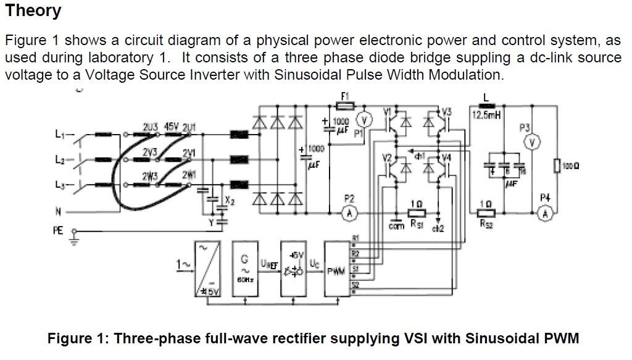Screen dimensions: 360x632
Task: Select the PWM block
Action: click(337, 270)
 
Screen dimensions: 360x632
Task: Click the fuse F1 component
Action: click(344, 106)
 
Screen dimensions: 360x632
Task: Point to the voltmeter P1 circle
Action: click(364, 120)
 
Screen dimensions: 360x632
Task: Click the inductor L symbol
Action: click(487, 106)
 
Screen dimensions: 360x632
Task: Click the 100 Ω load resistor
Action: click(557, 165)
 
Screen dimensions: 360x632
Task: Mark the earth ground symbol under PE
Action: click(76, 239)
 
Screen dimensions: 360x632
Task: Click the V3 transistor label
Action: click(446, 112)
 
